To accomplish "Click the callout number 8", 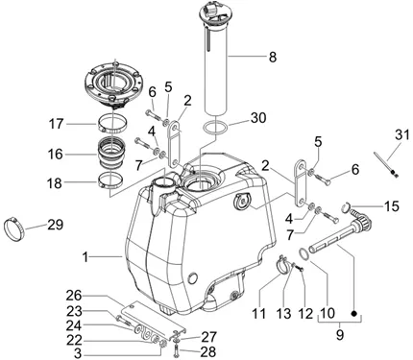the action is [273, 58].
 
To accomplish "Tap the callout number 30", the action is [258, 118].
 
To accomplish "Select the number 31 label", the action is [402, 134].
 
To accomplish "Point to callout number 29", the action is [56, 225].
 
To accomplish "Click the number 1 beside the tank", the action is [85, 257].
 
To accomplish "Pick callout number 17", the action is [56, 124].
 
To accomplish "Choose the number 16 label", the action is [56, 155].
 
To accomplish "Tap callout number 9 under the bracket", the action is [340, 335].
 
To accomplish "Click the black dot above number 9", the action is [353, 313].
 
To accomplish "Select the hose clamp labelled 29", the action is [13, 226].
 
